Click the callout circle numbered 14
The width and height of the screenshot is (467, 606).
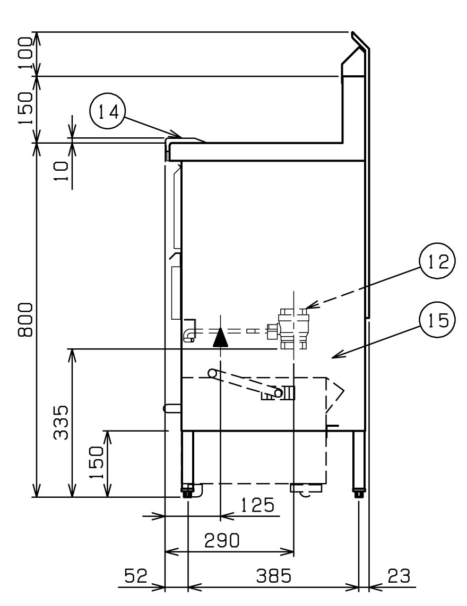pyautogui.click(x=107, y=112)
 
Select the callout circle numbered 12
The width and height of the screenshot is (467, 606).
pyautogui.click(x=438, y=261)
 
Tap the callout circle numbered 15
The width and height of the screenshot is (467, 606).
pyautogui.click(x=438, y=320)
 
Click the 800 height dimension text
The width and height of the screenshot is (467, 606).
pyautogui.click(x=27, y=320)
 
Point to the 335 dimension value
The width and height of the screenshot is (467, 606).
pyautogui.click(x=60, y=422)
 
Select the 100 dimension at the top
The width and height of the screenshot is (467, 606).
pyautogui.click(x=27, y=53)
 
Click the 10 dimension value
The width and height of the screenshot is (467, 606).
pyautogui.click(x=60, y=171)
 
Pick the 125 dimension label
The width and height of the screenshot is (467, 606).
pyautogui.click(x=257, y=505)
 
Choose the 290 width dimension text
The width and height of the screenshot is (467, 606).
pyautogui.click(x=222, y=540)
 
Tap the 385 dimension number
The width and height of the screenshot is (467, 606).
pyautogui.click(x=273, y=576)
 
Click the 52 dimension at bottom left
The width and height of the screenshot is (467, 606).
pyautogui.click(x=136, y=576)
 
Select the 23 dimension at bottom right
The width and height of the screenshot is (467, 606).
pyautogui.click(x=399, y=576)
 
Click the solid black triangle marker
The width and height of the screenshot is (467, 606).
pyautogui.click(x=221, y=337)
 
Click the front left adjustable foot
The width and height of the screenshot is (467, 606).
pyautogui.click(x=188, y=491)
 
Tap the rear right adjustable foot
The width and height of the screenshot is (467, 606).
pyautogui.click(x=359, y=493)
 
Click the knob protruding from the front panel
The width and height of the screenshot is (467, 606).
pyautogui.click(x=172, y=408)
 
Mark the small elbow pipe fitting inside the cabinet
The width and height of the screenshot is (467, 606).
pyautogui.click(x=191, y=331)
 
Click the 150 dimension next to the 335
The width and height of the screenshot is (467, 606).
pyautogui.click(x=97, y=462)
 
